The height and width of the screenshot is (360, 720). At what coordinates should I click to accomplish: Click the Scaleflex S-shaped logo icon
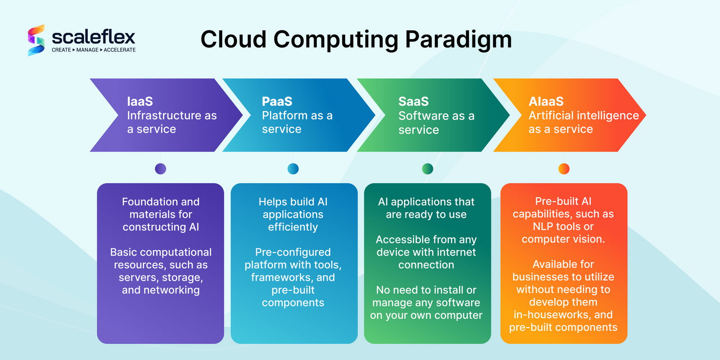click(36, 40)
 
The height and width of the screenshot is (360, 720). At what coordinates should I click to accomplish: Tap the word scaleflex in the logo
click(94, 37)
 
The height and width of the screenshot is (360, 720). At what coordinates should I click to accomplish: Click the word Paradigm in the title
click(459, 40)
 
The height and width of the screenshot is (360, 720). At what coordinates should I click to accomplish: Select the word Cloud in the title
click(234, 39)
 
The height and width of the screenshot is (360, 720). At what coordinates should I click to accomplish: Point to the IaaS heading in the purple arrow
click(140, 101)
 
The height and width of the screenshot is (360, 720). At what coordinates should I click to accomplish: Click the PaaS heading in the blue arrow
click(277, 101)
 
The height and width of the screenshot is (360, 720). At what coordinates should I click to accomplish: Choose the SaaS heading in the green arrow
click(414, 101)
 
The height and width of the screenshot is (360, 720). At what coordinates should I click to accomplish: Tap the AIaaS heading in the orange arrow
click(546, 101)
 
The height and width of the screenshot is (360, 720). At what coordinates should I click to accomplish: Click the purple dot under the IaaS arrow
click(160, 169)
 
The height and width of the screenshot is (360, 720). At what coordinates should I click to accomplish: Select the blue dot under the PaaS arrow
click(293, 169)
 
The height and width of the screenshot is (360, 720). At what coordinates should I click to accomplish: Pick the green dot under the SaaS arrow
click(427, 169)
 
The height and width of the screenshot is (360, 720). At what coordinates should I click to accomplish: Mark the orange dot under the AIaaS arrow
click(564, 169)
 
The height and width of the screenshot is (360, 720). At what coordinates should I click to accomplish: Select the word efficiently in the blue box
click(293, 227)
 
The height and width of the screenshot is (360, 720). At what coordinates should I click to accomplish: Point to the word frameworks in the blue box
click(279, 277)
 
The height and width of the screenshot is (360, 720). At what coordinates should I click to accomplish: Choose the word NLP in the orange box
click(543, 227)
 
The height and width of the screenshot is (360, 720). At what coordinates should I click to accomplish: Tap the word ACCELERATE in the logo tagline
click(120, 50)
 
